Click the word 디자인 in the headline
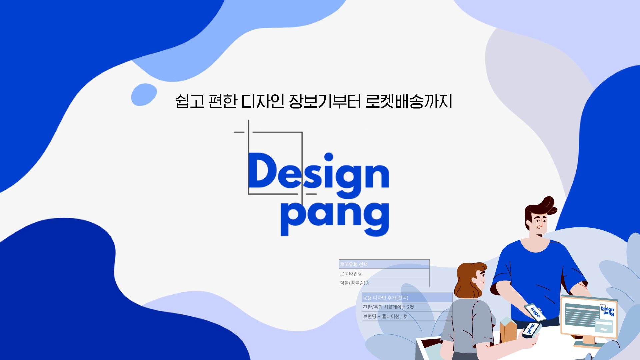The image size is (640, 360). coord(263,101)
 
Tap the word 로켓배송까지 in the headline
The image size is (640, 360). coord(409,101)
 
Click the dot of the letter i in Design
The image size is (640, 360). coord(329,157)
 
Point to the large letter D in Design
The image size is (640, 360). coord(262,170)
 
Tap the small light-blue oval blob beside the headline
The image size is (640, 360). coord(144,95)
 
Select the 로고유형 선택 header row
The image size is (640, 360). coord(384,264)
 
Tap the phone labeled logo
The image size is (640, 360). coord(535,312)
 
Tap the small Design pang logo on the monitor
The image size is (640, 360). coord(607,310)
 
